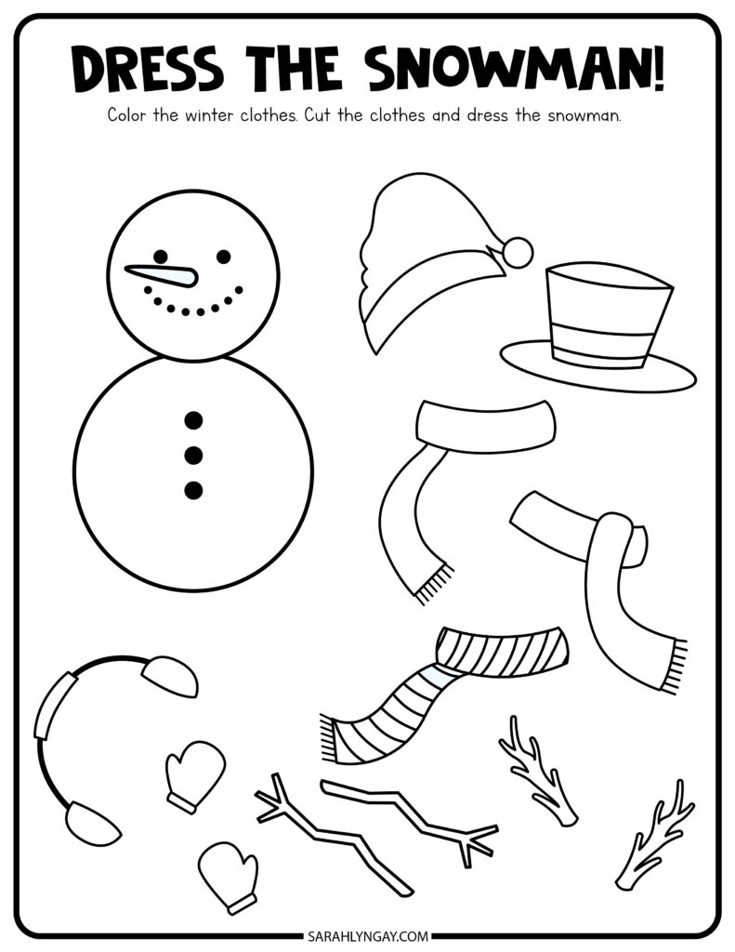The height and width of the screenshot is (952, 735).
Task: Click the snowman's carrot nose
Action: point(164,275)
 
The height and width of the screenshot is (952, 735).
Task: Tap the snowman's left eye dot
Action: point(161,257)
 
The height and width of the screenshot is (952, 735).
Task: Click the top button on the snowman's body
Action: point(193,419)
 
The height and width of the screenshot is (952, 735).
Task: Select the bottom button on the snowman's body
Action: point(193,489)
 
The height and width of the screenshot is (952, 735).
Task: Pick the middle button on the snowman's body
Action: point(193,455)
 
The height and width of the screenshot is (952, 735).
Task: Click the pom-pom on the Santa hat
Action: point(518,253)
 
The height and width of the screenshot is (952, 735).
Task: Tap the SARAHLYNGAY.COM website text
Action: point(368,935)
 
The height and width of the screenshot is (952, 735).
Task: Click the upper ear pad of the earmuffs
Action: point(171,676)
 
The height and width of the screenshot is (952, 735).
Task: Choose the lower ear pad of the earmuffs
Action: point(93,822)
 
